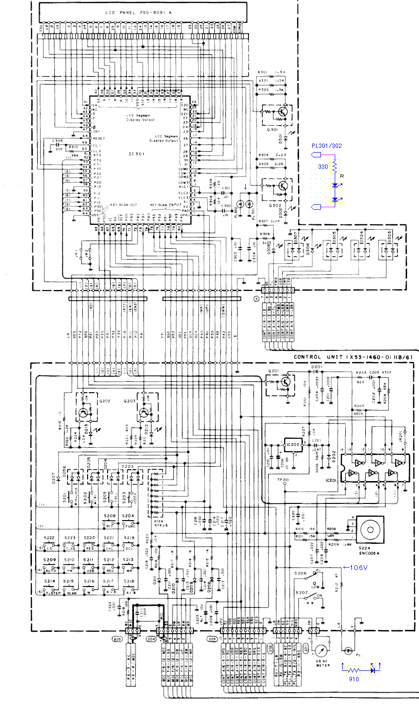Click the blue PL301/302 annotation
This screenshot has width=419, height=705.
pyautogui.click(x=327, y=145)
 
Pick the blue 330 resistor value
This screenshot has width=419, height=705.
pyautogui.click(x=322, y=167)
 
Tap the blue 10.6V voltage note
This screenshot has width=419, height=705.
pyautogui.click(x=356, y=567)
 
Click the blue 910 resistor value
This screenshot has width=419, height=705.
pyautogui.click(x=353, y=679)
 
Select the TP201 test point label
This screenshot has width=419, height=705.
pyautogui.click(x=283, y=480)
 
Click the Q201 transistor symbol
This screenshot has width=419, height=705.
pyautogui.click(x=285, y=381)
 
